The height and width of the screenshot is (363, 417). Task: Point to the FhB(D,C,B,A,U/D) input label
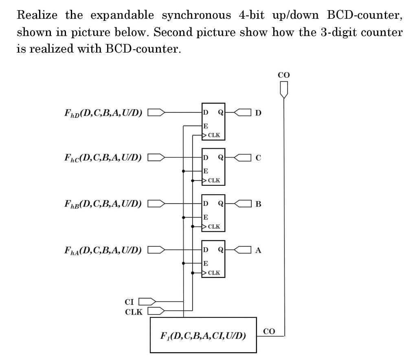click(102, 203)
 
